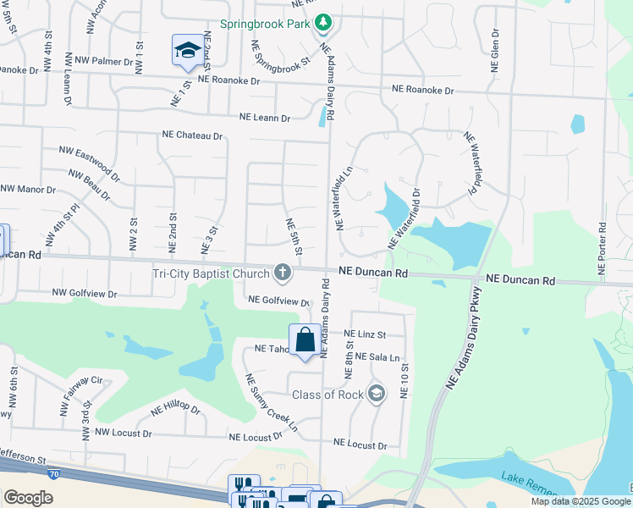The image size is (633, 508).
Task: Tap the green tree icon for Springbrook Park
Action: point(324,25)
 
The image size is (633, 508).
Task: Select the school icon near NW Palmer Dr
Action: point(186,50)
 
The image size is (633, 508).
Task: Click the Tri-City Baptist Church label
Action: point(210,273)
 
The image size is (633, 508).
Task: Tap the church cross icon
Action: point(283,273)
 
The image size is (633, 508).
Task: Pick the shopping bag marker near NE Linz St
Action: point(305,340)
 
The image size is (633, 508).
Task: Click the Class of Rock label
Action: point(328,395)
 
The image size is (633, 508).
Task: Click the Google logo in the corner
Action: point(28,498)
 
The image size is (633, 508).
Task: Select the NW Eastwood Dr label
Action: point(89,164)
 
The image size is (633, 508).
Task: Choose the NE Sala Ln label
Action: point(377,357)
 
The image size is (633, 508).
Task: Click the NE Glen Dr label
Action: point(493,50)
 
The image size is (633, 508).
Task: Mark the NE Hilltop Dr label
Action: point(175,410)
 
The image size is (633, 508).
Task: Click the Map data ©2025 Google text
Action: point(579,501)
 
